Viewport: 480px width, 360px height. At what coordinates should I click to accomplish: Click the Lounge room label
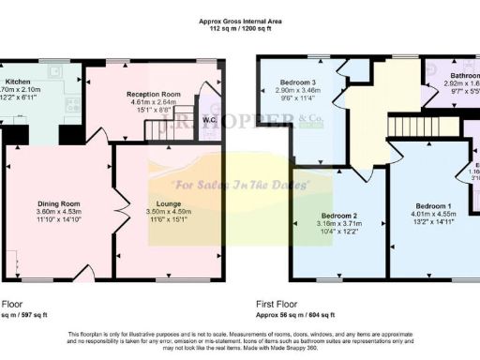tap(169, 203)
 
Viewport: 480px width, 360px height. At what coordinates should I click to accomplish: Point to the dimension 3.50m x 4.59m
tap(169, 213)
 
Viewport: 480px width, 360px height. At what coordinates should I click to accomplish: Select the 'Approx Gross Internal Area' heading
tap(240, 21)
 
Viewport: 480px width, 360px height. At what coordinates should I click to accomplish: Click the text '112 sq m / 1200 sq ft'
tap(240, 29)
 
